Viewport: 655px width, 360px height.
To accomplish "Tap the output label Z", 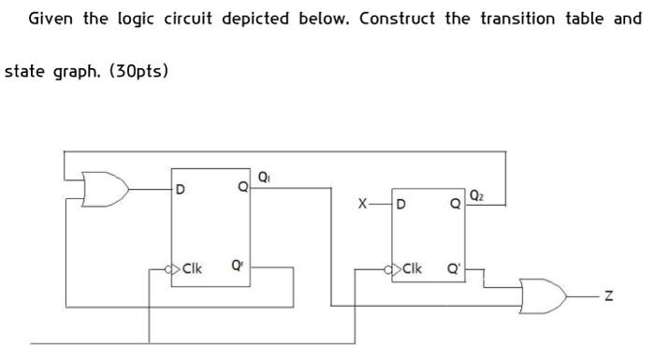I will tap(609, 296).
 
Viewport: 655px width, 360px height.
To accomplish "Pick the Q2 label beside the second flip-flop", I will tap(478, 194).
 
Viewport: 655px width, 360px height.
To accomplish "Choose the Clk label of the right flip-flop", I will tap(412, 269).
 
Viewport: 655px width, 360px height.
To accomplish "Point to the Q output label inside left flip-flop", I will tap(242, 187).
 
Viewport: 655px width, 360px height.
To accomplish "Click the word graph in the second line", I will tap(75, 71).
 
